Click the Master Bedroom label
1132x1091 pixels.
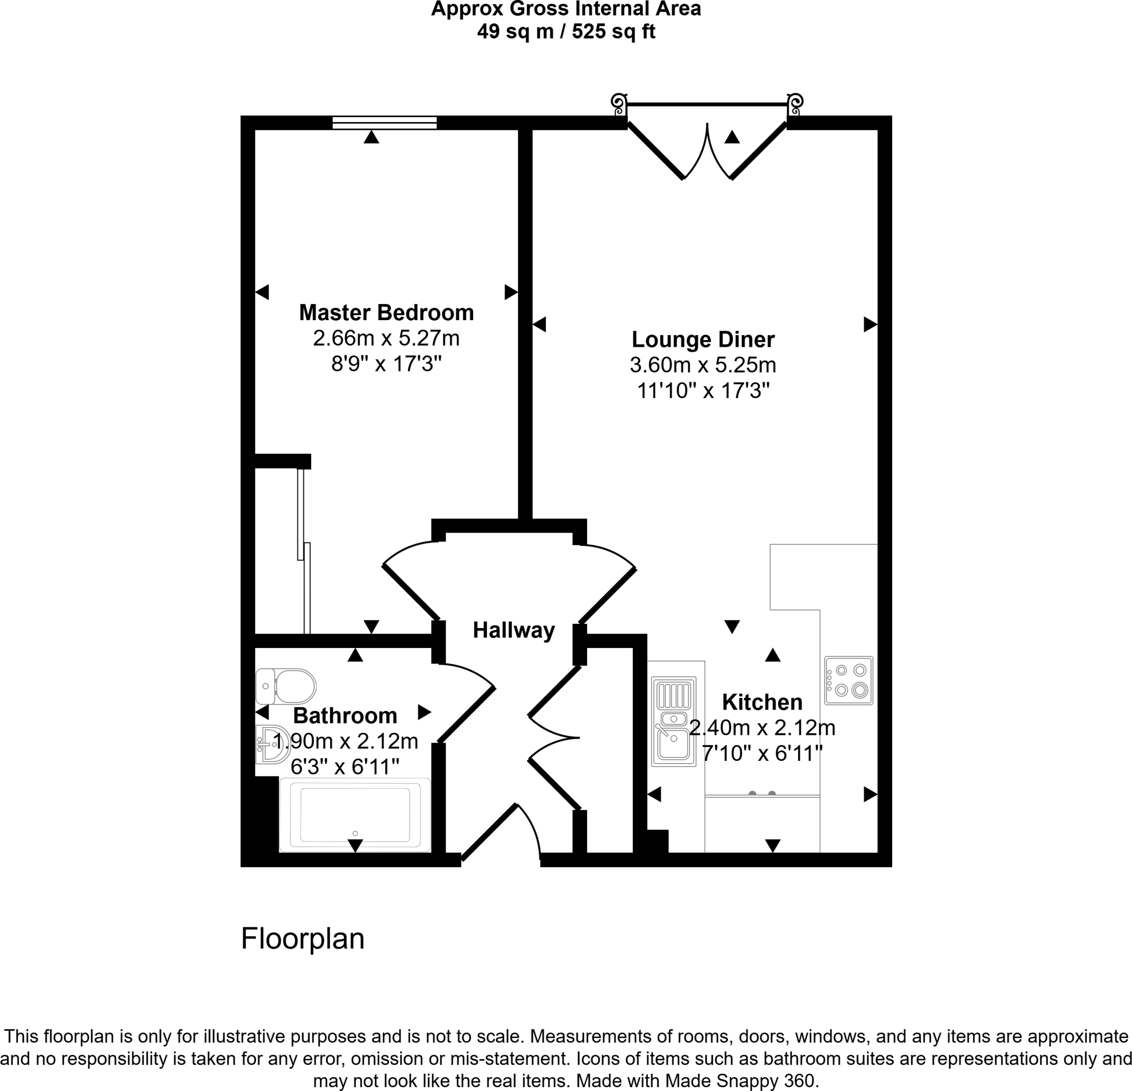point(386,312)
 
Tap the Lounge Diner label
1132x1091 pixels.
point(703,339)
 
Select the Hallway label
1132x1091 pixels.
point(513,630)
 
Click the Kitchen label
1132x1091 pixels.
point(762,702)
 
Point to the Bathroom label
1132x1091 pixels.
point(345,716)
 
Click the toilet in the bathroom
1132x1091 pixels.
point(287,686)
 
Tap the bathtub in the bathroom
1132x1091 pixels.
point(355,815)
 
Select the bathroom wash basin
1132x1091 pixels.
point(271,744)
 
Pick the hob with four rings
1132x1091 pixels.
point(848,680)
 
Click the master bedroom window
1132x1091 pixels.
point(384,123)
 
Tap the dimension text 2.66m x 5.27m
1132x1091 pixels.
point(386,338)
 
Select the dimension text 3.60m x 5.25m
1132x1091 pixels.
point(703,365)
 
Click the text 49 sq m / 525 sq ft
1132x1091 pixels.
point(566,31)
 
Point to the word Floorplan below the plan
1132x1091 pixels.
point(303,939)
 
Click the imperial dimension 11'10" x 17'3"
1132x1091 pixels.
point(703,391)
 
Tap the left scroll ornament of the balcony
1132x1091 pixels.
point(619,105)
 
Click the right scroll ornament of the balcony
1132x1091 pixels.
point(795,105)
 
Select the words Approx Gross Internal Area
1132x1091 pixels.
point(566,9)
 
